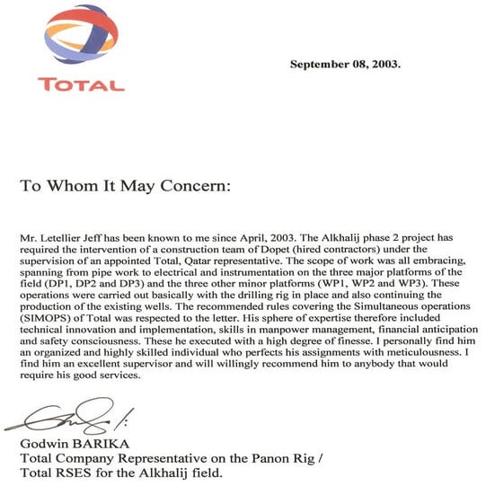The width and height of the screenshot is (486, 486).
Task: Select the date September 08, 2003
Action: click(x=346, y=65)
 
